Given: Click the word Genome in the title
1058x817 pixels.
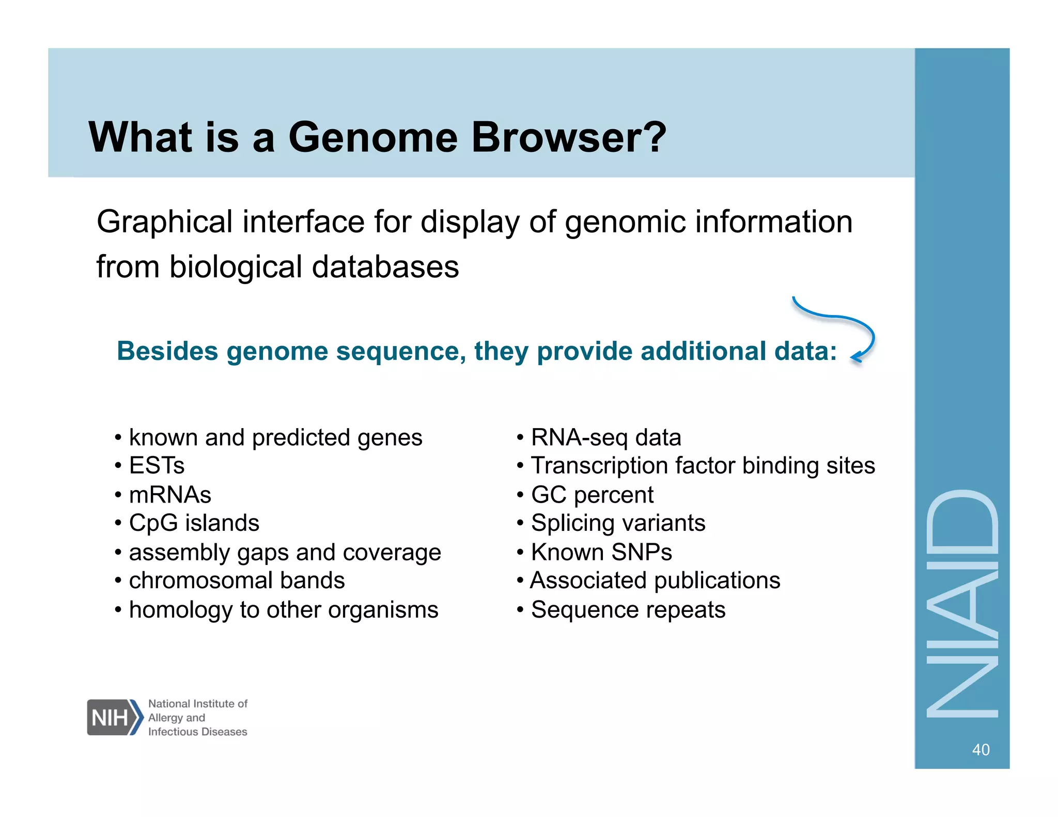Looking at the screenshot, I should click(x=372, y=137).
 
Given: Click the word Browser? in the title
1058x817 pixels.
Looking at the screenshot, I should click(x=569, y=137).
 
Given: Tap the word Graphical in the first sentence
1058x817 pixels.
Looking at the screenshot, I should click(x=164, y=223).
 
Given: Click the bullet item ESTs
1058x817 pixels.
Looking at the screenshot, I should click(x=157, y=465).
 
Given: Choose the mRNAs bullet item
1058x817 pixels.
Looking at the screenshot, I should click(x=170, y=495).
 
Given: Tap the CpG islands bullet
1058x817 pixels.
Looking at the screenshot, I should click(x=194, y=523).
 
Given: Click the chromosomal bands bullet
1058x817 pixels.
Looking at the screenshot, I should click(x=237, y=580).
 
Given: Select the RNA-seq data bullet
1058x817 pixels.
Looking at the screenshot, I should click(x=605, y=438).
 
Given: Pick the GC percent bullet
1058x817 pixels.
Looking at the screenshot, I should click(x=592, y=495).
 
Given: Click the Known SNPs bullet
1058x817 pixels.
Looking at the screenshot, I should click(x=601, y=552).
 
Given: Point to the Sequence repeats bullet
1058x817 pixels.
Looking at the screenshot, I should click(x=628, y=610).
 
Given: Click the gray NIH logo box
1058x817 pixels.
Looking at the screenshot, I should click(x=110, y=717).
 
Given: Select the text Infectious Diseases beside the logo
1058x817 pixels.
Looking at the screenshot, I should click(x=197, y=732).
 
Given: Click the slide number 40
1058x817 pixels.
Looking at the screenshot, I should click(x=981, y=749).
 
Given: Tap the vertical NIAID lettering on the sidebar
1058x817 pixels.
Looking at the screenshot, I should click(x=962, y=604).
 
